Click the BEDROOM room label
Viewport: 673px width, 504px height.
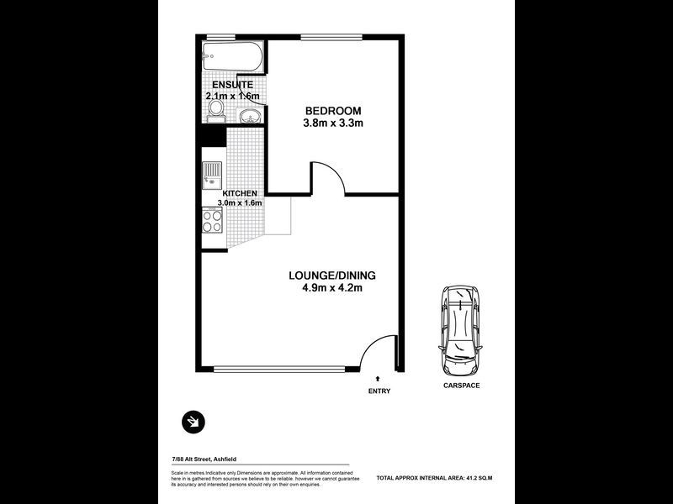pyautogui.click(x=332, y=111)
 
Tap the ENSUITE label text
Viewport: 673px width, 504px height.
pyautogui.click(x=233, y=85)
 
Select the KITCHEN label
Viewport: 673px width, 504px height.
pyautogui.click(x=240, y=193)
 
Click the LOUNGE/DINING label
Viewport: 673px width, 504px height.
pyautogui.click(x=331, y=276)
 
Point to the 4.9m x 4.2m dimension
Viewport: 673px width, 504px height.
pyautogui.click(x=331, y=289)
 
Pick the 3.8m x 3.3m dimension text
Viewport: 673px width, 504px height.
pyautogui.click(x=332, y=124)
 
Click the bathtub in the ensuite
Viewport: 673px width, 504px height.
pyautogui.click(x=233, y=59)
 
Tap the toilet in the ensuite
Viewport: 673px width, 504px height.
pyautogui.click(x=216, y=110)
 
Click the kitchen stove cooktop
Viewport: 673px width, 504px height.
pyautogui.click(x=212, y=221)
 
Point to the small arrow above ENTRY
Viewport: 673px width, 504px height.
pyautogui.click(x=379, y=380)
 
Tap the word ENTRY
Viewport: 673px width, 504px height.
pyautogui.click(x=379, y=391)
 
